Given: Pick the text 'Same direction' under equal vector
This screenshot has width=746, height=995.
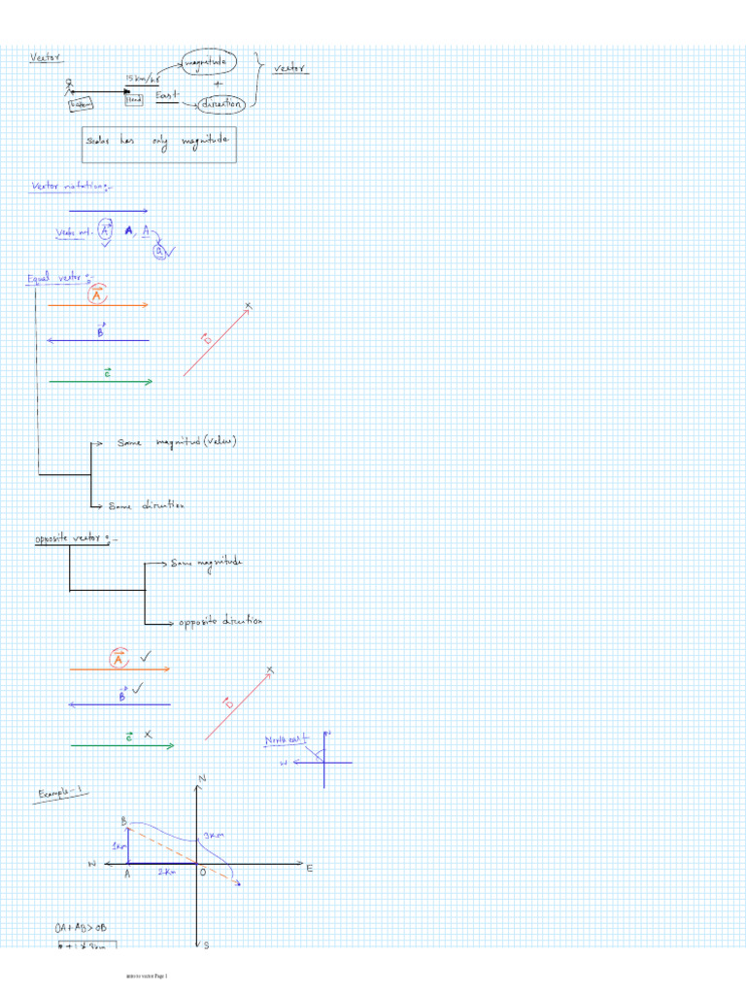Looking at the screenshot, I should pos(146,506).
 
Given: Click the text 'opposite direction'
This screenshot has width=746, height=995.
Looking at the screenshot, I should pos(220,621).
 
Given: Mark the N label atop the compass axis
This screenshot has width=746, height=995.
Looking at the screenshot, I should pos(202,779).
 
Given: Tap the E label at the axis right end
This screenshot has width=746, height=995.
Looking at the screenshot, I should pos(310,868).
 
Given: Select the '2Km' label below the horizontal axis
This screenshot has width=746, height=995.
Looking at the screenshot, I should pos(167,873).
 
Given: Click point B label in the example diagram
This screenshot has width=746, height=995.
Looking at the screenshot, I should pos(124,821).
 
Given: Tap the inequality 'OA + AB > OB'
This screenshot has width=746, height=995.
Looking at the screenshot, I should pos(82,926).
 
